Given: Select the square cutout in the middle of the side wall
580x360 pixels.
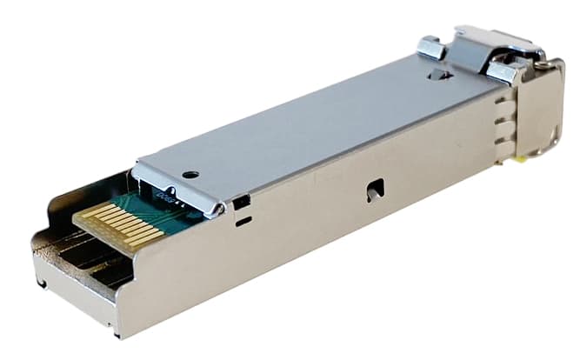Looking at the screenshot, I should (374, 189).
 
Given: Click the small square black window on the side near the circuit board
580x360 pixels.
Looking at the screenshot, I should (242, 203).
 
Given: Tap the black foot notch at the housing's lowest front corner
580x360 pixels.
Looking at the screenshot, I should (117, 331).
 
